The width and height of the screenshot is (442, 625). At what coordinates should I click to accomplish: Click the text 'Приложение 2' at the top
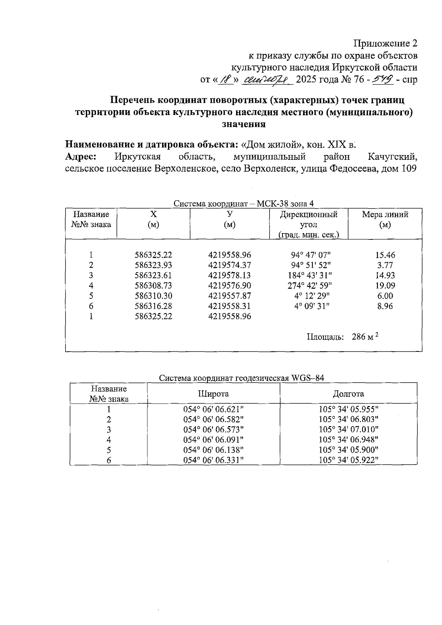pyautogui.click(x=385, y=43)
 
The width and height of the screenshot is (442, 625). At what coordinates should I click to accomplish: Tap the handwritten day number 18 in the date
pyautogui.click(x=225, y=80)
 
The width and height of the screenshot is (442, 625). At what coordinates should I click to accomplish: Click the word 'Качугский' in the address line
pyautogui.click(x=393, y=157)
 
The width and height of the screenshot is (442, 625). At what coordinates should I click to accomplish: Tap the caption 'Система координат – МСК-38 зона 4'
pyautogui.click(x=243, y=203)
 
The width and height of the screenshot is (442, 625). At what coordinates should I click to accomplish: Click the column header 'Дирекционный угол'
pyautogui.click(x=309, y=220)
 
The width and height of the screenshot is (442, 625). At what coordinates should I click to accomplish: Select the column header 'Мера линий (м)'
pyautogui.click(x=385, y=220)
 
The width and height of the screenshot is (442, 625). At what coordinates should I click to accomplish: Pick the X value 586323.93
pyautogui.click(x=153, y=265)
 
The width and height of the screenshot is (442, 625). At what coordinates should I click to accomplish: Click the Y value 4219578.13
pyautogui.click(x=229, y=275)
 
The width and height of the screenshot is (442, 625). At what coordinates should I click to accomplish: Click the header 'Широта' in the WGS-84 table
pyautogui.click(x=213, y=394)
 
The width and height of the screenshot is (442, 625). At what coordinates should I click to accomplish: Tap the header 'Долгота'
pyautogui.click(x=348, y=394)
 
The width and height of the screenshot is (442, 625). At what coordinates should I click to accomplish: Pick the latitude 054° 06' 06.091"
pyautogui.click(x=214, y=439)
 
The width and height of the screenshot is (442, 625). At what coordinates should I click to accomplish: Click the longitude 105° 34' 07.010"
pyautogui.click(x=348, y=429)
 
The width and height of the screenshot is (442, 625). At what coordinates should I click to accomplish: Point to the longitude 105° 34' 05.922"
pyautogui.click(x=348, y=460)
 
